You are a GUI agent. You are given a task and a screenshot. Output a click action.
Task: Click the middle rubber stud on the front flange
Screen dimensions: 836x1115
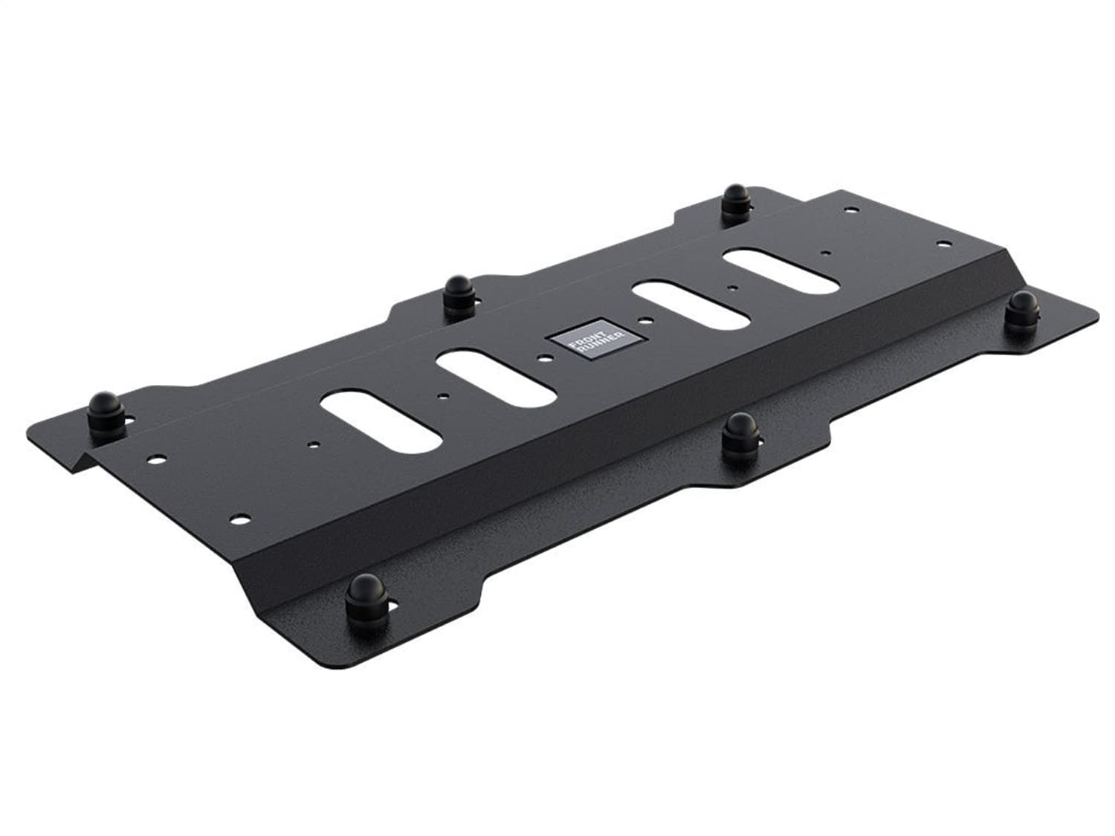740,432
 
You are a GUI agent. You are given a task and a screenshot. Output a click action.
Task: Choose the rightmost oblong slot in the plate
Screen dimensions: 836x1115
780,271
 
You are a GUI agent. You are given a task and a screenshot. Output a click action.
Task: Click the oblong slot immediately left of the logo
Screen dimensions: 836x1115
496,379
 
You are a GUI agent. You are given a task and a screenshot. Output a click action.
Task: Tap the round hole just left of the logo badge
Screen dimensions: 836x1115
546,358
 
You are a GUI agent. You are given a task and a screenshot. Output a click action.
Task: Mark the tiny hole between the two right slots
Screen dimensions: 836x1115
733,287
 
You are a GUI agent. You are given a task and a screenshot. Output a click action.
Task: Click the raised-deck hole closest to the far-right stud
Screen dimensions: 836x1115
943,243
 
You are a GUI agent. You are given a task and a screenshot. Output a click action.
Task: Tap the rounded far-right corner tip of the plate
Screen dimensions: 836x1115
1093,313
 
